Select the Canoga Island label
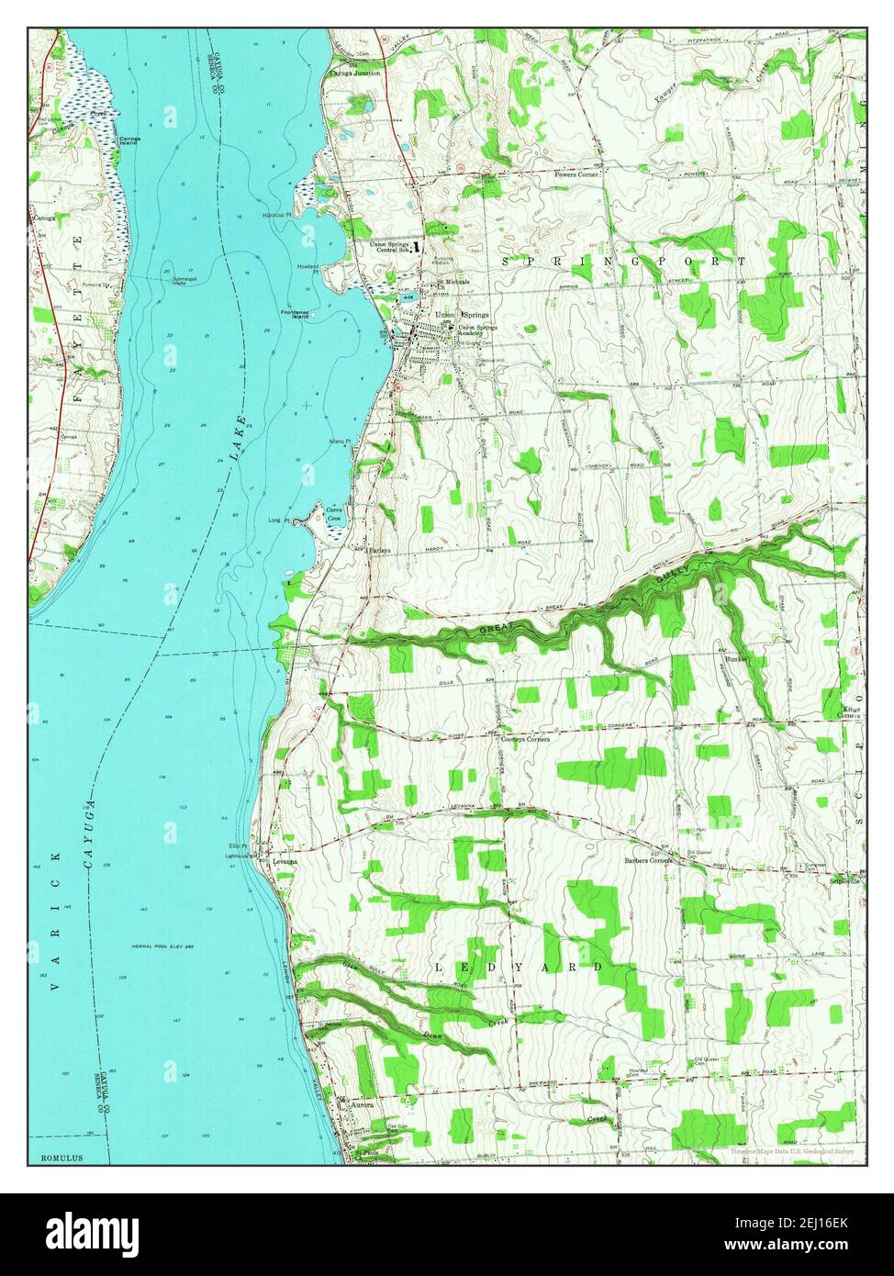[129, 141]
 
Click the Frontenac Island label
[300, 315]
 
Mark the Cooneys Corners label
[525, 738]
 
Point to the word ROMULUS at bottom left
[61, 1158]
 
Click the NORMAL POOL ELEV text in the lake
[164, 946]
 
